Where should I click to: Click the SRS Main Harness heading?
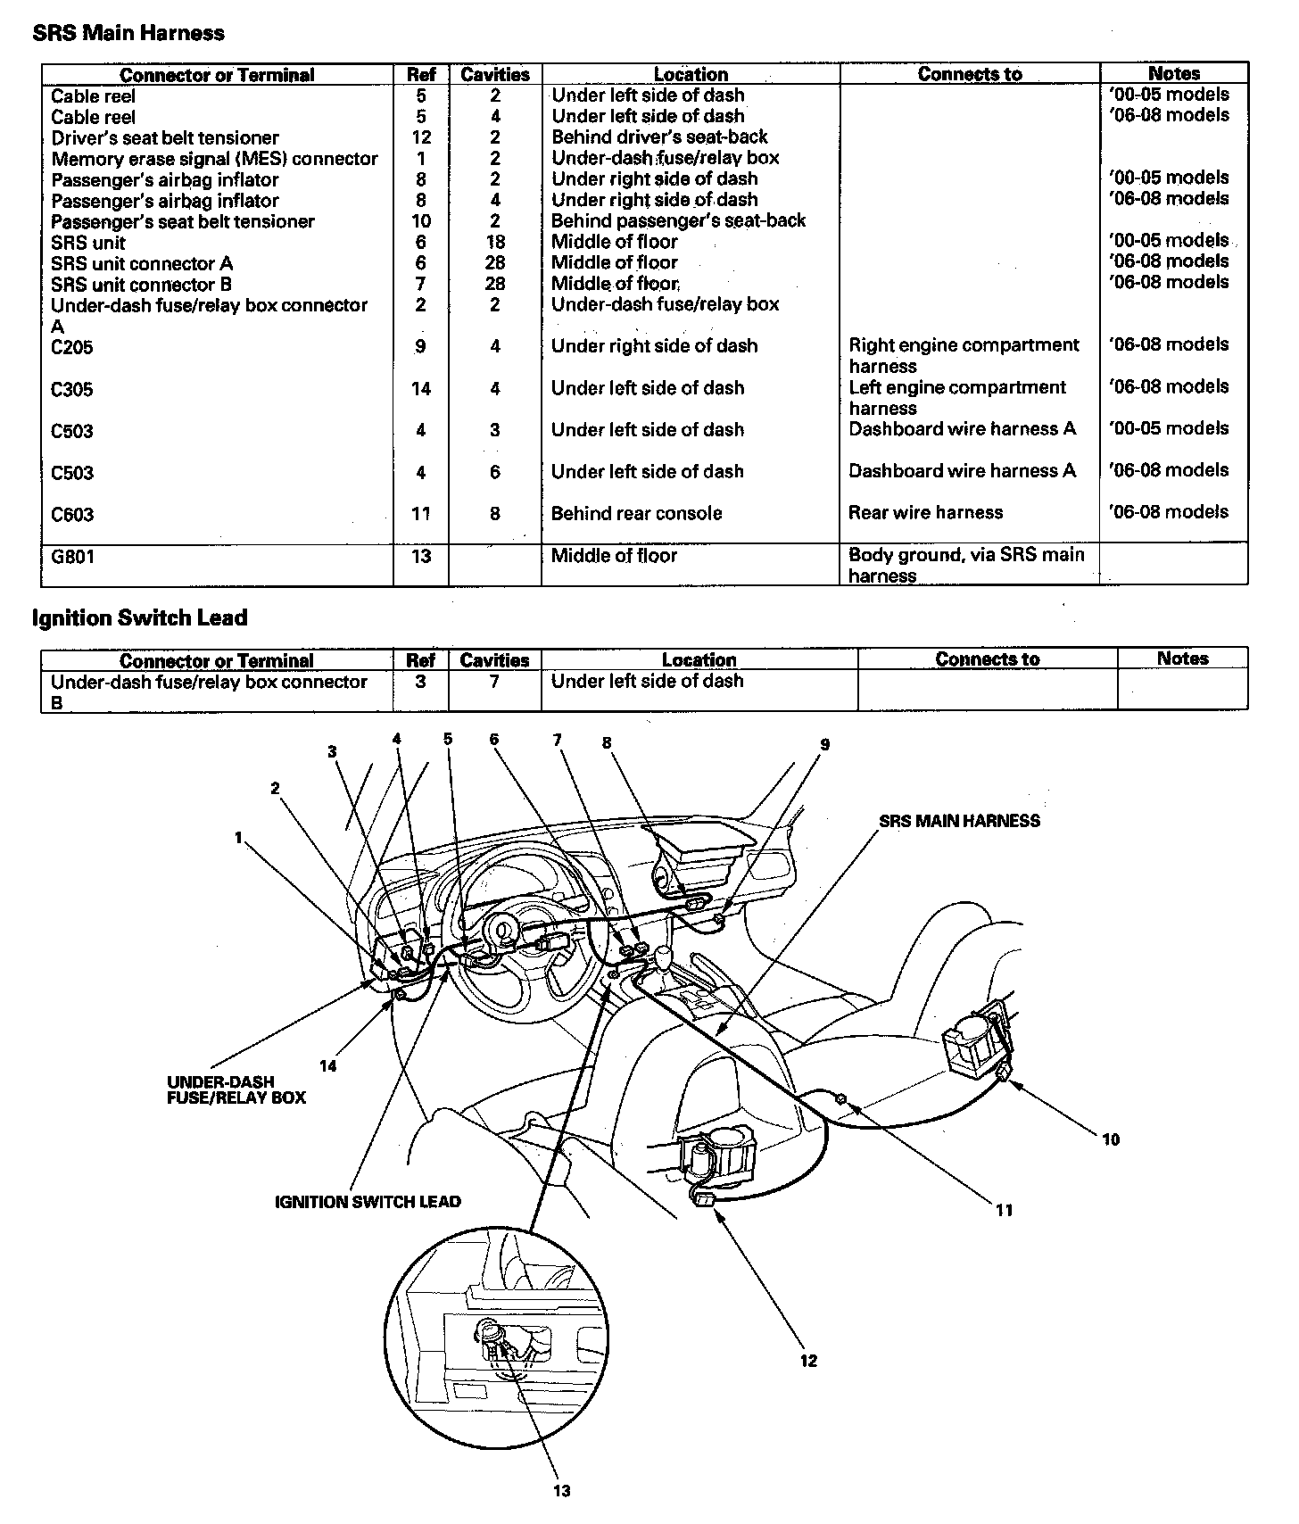128,34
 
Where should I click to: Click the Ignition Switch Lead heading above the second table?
139,618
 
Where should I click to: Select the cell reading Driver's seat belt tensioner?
165,138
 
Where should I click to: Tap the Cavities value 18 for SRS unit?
495,243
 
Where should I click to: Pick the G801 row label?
72,557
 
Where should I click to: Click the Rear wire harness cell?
925,513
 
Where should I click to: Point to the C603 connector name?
72,515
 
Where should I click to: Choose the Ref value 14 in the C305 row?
421,389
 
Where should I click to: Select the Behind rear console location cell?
636,514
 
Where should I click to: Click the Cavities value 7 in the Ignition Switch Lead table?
494,682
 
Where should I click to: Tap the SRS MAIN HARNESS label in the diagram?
959,821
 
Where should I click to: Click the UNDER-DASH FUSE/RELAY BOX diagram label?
236,1090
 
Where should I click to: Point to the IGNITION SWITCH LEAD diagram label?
368,1202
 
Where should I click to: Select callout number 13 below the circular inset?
562,1490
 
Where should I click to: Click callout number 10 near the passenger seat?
1110,1139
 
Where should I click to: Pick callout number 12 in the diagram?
808,1361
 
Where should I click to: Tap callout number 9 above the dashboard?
825,745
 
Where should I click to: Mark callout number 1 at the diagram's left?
238,838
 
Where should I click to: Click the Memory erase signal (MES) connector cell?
214,159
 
